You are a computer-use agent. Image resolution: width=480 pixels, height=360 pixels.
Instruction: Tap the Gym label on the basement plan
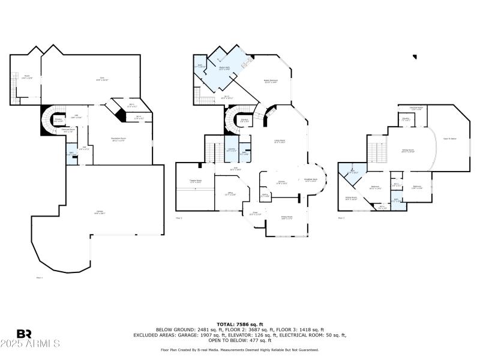point(101,79)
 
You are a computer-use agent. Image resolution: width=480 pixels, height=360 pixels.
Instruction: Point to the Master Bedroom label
point(270,81)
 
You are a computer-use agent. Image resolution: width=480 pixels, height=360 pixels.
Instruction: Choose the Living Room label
point(280,142)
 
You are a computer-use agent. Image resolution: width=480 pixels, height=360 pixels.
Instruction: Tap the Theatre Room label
point(195,180)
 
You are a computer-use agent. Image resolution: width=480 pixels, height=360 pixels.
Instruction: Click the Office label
point(230,194)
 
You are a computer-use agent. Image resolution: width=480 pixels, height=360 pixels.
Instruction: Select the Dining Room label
point(287,217)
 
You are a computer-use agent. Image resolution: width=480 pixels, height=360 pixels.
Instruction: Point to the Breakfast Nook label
point(311,179)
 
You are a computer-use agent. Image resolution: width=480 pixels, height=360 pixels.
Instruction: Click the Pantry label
point(265,194)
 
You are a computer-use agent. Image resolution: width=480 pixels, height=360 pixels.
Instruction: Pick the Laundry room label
point(232,149)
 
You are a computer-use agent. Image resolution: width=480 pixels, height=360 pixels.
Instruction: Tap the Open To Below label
point(450,139)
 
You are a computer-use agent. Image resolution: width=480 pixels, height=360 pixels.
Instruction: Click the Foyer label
point(254,212)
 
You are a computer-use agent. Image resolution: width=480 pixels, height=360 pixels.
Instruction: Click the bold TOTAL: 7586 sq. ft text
point(239,323)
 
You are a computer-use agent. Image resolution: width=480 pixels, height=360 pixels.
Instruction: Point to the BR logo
point(24,334)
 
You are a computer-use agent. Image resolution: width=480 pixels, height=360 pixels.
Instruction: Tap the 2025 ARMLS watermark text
point(30,344)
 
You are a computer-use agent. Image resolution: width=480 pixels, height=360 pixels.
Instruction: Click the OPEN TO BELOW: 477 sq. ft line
point(239,340)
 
